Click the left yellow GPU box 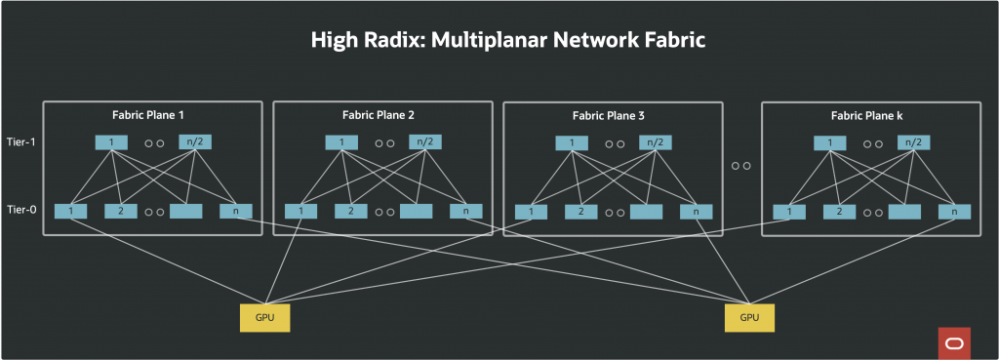click(x=264, y=317)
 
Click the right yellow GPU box click(x=749, y=317)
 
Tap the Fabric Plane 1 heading click(x=152, y=114)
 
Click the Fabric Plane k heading click(x=866, y=115)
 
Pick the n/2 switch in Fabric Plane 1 click(x=195, y=142)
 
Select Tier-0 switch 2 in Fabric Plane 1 click(x=119, y=210)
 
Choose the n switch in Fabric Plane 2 click(x=465, y=210)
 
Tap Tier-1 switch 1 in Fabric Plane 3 click(x=572, y=143)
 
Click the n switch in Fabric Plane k click(x=954, y=211)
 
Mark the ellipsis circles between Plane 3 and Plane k click(x=740, y=166)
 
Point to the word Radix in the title click(x=394, y=40)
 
